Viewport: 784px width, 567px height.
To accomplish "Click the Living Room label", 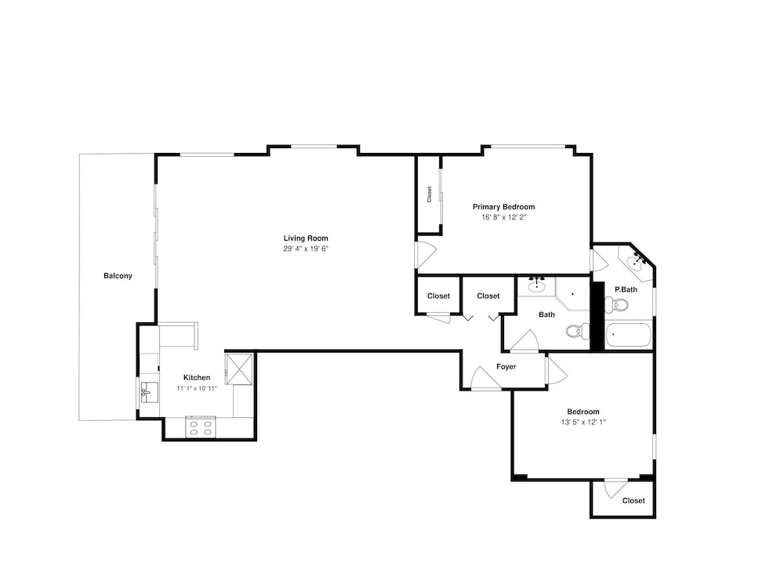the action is coord(306,238).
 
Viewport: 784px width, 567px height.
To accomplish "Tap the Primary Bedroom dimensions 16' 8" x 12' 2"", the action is coord(504,217).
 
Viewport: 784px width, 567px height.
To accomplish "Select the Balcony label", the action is coord(118,276).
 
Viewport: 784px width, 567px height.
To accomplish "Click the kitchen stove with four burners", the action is coord(201,427).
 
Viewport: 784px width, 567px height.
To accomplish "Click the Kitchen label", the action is coord(197,378).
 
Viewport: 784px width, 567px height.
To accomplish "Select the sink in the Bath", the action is coord(536,285).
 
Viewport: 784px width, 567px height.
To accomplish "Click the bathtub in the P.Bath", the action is coord(628,336).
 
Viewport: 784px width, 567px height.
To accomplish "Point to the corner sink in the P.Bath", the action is coord(636,262).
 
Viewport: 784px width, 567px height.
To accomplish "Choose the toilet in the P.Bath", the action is coord(616,304).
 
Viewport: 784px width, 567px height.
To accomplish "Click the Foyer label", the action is coord(506,367).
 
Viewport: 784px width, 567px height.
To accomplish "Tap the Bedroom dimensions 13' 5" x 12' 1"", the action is coord(583,422).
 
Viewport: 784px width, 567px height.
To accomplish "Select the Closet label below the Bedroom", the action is coord(633,500).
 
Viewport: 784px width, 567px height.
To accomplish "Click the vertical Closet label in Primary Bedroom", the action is coord(429,194).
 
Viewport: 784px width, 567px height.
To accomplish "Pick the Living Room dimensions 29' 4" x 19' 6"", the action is coord(306,249).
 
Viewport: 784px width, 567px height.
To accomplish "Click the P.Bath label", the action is coord(626,289).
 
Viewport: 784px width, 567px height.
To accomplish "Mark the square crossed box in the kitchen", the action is coord(239,369).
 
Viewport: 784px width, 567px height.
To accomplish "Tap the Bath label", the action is coord(546,315).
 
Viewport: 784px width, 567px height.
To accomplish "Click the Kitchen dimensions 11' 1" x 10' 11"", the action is coord(197,388).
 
